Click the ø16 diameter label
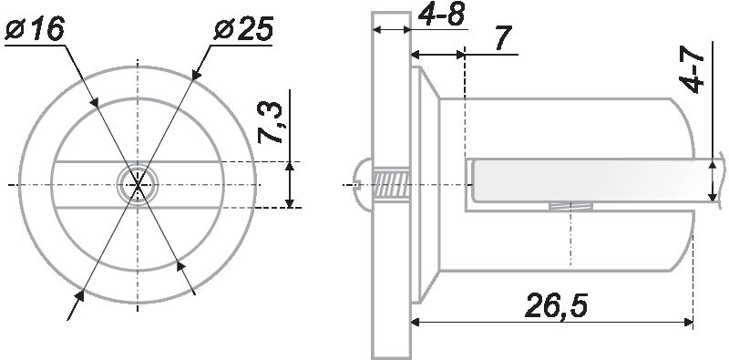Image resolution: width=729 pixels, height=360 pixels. point(35,30)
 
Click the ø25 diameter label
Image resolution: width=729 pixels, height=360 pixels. point(243,30)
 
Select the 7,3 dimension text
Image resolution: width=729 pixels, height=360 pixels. point(270,123)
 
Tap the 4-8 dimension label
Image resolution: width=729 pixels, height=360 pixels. point(441,15)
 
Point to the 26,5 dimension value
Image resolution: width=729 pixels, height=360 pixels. point(556,305)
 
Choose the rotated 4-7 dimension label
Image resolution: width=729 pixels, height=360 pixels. point(692,72)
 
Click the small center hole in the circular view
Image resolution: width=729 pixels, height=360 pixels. point(138,185)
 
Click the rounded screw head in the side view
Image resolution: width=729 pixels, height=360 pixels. point(365,185)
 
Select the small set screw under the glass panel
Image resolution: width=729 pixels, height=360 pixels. point(570,207)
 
